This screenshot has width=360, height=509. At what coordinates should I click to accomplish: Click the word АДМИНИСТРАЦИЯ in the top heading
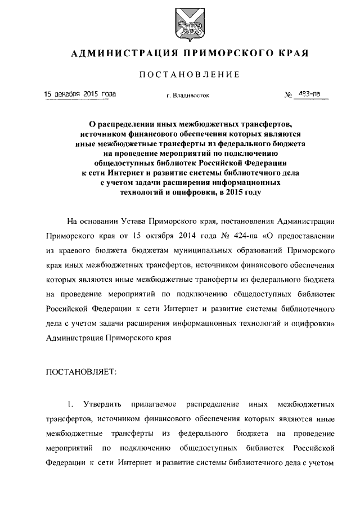click(116, 53)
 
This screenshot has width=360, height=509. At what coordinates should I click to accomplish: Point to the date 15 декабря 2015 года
click(80, 94)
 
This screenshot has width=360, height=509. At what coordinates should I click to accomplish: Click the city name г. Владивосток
click(188, 96)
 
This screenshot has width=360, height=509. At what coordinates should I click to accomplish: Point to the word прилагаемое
click(154, 404)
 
